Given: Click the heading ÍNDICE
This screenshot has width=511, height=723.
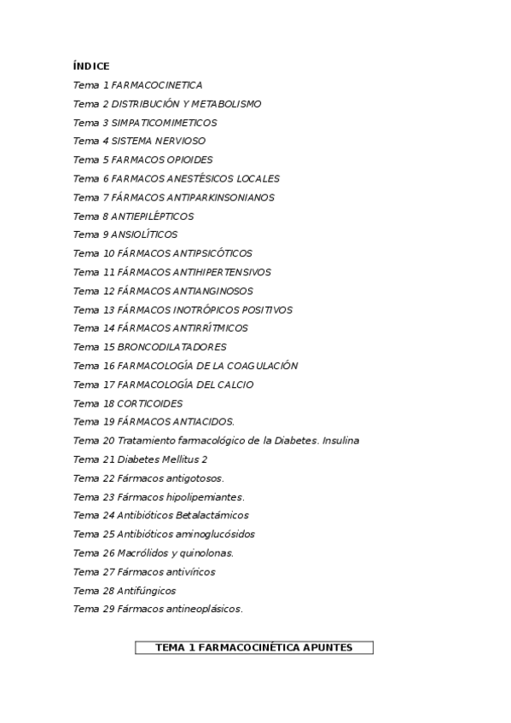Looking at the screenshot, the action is click(x=91, y=66).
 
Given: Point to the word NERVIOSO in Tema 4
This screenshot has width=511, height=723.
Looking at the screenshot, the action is click(x=179, y=142).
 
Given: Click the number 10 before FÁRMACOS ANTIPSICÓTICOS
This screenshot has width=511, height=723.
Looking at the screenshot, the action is click(x=108, y=253).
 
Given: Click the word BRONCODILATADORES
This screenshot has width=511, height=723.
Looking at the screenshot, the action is click(x=171, y=347).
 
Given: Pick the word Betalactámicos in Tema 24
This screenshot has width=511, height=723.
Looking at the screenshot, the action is click(x=212, y=515).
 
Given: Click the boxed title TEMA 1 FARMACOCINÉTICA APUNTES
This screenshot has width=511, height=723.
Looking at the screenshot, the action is click(x=254, y=648).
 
